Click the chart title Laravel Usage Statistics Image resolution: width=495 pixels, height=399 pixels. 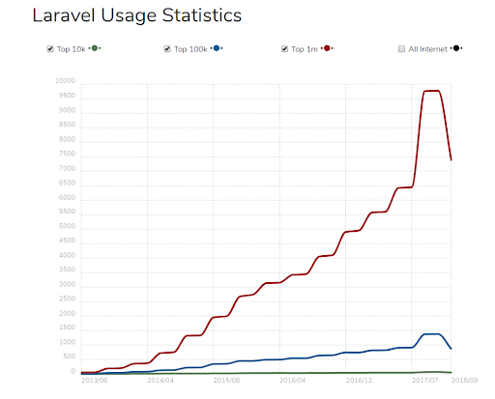click(x=136, y=16)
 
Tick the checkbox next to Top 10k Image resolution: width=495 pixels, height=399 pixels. click(x=49, y=48)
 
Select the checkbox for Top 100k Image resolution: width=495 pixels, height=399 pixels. click(x=167, y=48)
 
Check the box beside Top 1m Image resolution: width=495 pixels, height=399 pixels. click(x=285, y=48)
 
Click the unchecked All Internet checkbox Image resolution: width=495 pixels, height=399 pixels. click(x=401, y=48)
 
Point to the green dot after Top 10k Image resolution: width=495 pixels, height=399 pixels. click(x=94, y=48)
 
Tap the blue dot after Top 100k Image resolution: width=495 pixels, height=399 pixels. click(x=217, y=48)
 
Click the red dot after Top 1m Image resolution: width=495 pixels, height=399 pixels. click(x=329, y=48)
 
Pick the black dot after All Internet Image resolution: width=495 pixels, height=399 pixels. click(x=455, y=48)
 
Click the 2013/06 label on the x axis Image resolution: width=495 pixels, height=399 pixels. click(x=94, y=381)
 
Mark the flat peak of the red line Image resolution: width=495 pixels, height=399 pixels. click(x=431, y=91)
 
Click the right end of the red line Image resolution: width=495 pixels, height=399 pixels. click(x=451, y=159)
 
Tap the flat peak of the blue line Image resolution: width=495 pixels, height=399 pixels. click(x=431, y=334)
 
